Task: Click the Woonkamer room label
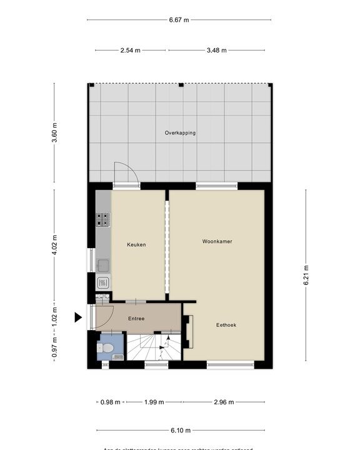[x=217, y=241]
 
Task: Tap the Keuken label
[x=136, y=244]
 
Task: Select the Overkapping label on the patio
[x=180, y=133]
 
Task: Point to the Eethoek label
[x=226, y=325]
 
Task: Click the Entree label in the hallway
[x=136, y=319]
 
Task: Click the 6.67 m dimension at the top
[x=179, y=20]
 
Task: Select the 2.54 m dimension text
[x=131, y=50]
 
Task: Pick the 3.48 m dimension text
[x=216, y=50]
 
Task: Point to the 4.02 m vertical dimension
[x=54, y=243]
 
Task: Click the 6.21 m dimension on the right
[x=306, y=275]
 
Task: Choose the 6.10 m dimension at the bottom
[x=180, y=430]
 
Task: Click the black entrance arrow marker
[x=78, y=317]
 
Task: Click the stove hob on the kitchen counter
[x=103, y=219]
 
